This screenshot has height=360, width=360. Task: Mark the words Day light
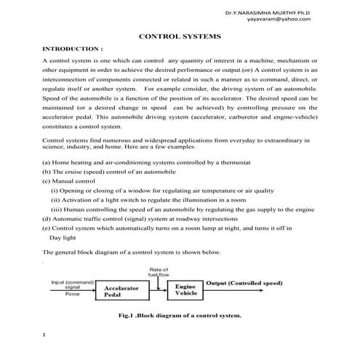click(64, 237)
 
